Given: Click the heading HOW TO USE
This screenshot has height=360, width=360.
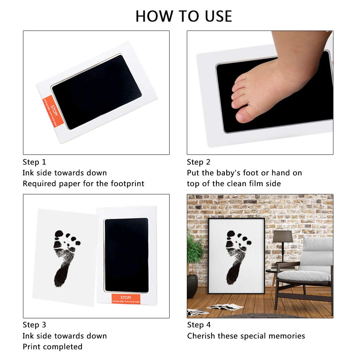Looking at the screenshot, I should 184,17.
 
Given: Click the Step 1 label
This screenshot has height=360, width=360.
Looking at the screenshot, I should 34,162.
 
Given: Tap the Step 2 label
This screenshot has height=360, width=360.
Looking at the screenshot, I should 198,162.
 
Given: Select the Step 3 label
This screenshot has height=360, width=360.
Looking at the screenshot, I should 34,325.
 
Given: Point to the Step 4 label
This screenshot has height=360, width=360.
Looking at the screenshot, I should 199,325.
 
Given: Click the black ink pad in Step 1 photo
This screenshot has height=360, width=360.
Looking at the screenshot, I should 96,92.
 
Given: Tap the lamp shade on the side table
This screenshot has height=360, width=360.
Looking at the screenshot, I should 282,236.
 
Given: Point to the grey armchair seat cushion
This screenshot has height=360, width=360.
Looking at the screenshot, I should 304,276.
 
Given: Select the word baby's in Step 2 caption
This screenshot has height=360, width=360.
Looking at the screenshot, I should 228,173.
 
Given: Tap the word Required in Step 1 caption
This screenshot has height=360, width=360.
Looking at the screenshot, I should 38,184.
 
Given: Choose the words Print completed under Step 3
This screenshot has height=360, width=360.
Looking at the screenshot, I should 52,347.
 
